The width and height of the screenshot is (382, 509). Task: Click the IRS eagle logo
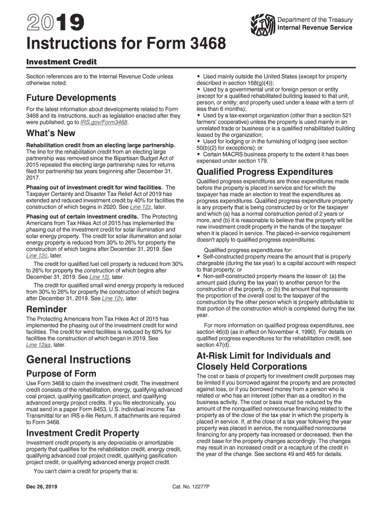[x=263, y=23]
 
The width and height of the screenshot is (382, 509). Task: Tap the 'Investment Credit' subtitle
[x=61, y=62]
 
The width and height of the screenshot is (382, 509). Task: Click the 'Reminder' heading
[x=46, y=309]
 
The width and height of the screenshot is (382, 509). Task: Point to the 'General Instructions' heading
[x=78, y=359]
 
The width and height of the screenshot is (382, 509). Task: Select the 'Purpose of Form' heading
[x=61, y=373]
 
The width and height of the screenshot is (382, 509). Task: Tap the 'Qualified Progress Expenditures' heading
[x=265, y=172]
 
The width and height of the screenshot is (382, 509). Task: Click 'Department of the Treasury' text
[x=315, y=20]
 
